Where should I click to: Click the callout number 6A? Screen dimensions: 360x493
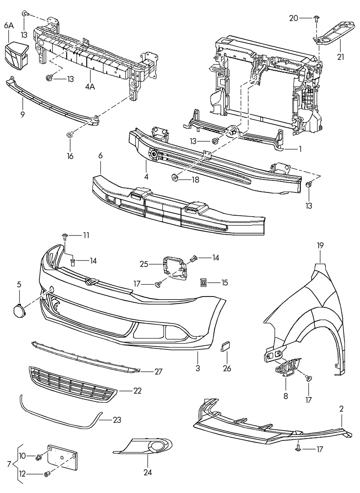click(x=9, y=26)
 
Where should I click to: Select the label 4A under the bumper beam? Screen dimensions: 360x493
click(x=90, y=87)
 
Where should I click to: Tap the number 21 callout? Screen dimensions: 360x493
click(x=340, y=57)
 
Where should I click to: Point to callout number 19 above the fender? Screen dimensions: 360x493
click(x=320, y=246)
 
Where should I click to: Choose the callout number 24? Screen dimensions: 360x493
click(x=147, y=472)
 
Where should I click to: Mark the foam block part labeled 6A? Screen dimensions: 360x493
click(x=17, y=56)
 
